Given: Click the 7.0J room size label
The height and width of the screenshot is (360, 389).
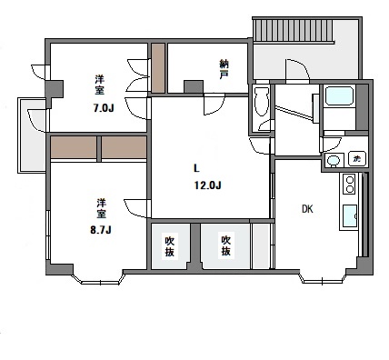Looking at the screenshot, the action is tap(104, 108).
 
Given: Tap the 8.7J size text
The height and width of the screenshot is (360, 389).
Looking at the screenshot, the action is tap(101, 230).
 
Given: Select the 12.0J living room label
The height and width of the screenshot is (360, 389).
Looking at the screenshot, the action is tap(208, 185).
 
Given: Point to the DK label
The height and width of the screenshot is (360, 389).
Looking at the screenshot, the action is tap(307, 209).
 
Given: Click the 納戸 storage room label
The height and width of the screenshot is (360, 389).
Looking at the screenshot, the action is tap(224, 69).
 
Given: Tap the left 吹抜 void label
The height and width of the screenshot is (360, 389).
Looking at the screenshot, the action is tap(169, 246).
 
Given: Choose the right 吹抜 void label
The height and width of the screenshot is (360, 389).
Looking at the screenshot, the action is tap(225, 245).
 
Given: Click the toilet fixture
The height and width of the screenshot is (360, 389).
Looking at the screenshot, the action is tap(262, 102).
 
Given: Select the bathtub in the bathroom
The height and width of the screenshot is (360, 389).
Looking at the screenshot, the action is tap(339, 95).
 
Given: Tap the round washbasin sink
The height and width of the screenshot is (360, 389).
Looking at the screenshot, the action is tap(334, 160).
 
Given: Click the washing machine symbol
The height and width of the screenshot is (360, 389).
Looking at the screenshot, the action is tap(357, 158).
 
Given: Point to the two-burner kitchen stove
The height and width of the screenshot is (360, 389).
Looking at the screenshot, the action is tap(350, 185).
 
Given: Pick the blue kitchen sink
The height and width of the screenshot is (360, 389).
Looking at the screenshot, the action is tap(350, 215).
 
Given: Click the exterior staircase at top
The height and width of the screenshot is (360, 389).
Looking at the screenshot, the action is tap(294, 30).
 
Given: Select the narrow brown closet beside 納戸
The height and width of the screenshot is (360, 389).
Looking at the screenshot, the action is tap(158, 68).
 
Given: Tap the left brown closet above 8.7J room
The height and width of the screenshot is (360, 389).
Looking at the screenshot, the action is tap(74, 147).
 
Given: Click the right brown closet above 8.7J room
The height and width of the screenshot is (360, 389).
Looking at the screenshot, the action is tap(124, 147).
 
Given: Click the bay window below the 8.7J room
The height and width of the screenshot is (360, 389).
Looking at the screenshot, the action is tap(99, 280).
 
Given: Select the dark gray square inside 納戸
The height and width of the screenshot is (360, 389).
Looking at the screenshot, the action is tap(194, 86).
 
